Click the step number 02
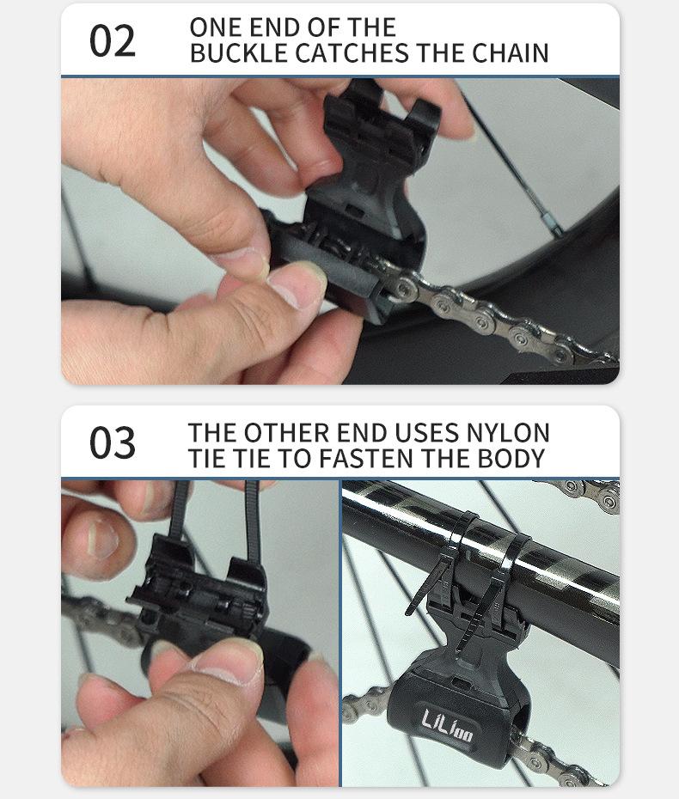[x=112, y=40]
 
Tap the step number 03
[x=112, y=442]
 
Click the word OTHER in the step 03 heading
[x=286, y=433]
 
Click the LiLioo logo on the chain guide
[x=447, y=724]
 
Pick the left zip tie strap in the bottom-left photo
[x=179, y=509]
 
